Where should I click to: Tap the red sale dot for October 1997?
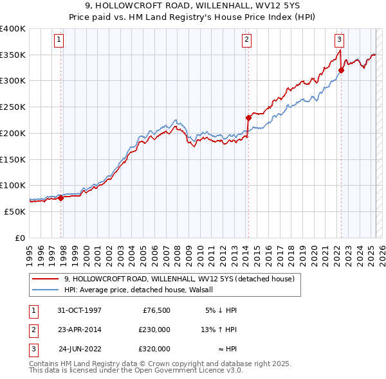61,198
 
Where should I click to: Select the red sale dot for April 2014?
248,118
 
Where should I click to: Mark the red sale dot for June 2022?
341,70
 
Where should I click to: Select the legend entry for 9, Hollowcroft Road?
179,279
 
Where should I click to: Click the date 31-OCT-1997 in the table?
80,310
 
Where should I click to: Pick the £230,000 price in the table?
154,330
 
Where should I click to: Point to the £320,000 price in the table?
154,349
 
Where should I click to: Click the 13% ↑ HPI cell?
219,330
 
